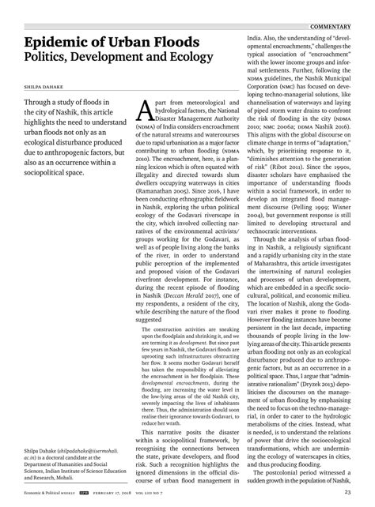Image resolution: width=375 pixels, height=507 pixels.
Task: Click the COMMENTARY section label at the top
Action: (341, 6)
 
